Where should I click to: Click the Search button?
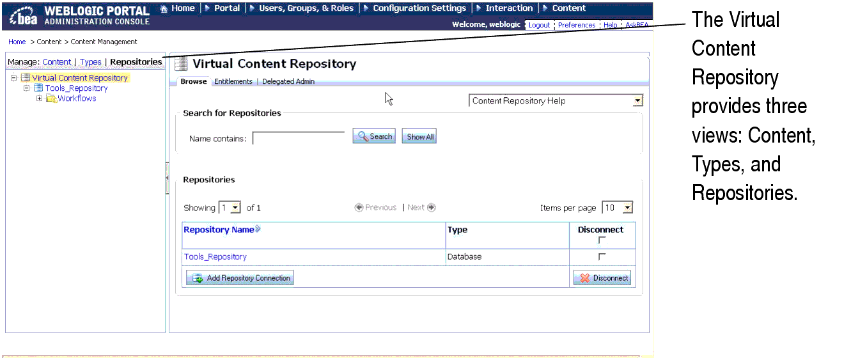coord(374,136)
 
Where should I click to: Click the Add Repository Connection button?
coord(240,278)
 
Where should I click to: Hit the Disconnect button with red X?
coord(602,278)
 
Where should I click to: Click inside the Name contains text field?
coord(299,138)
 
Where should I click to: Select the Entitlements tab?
coord(233,82)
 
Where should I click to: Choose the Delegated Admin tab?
coord(288,82)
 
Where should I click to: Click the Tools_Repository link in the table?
coord(215,257)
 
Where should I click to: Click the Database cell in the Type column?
coord(465,257)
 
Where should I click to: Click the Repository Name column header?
coord(219,230)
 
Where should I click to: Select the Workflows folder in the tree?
coord(77,98)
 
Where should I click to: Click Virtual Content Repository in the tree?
coord(80,78)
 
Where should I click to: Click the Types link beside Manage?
coord(91,62)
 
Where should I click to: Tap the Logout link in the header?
coord(539,26)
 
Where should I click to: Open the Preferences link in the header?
coord(577,26)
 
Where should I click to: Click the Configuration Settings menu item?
coord(419,8)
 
